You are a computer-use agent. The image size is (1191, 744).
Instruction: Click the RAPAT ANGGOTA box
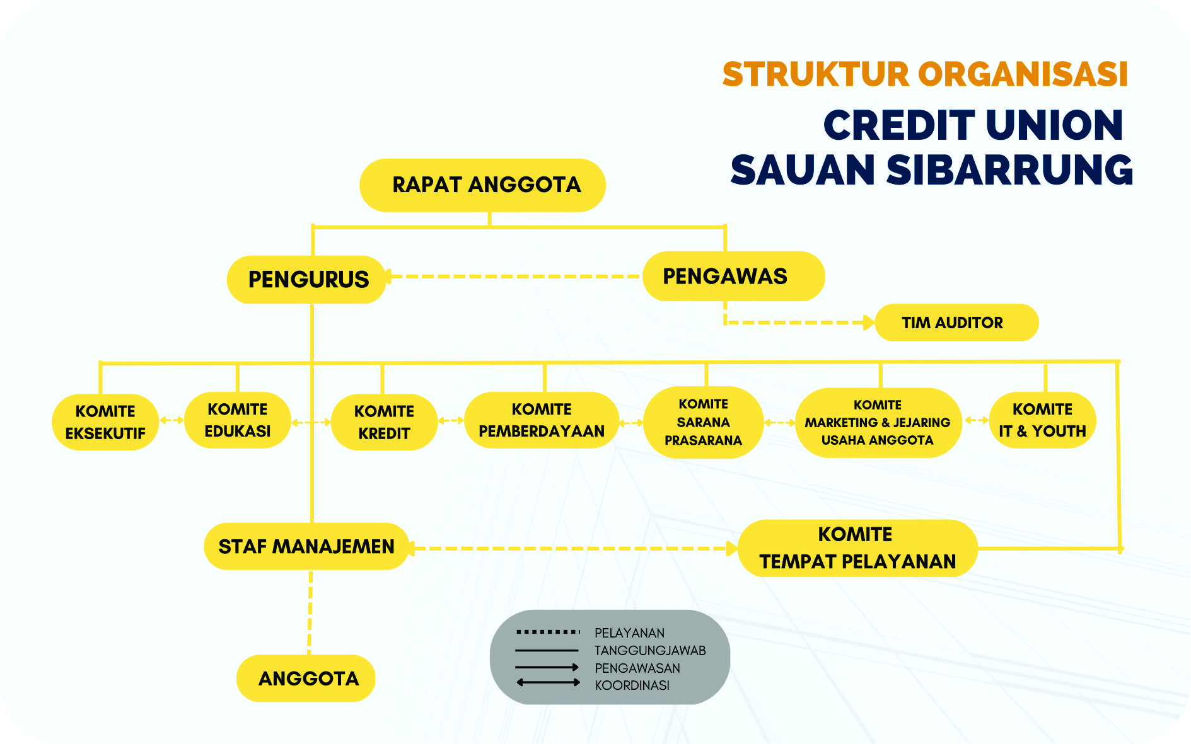(x=482, y=185)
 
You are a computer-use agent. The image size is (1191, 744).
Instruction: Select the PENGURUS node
(x=306, y=280)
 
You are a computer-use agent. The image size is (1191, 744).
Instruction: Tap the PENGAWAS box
(x=733, y=276)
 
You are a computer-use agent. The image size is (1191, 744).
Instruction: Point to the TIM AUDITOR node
(x=956, y=323)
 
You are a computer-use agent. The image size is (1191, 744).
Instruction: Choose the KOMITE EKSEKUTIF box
(x=105, y=422)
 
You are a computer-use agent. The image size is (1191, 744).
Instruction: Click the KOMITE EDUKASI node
(x=238, y=420)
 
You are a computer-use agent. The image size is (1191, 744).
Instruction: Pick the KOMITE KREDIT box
(x=384, y=422)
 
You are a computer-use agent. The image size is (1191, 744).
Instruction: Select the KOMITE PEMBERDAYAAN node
(x=542, y=420)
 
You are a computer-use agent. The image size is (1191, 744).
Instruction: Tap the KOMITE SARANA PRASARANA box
(x=704, y=422)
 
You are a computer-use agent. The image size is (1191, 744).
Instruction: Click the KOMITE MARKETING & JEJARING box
(x=878, y=423)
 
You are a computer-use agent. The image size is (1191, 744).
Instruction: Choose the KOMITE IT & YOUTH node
(x=1043, y=420)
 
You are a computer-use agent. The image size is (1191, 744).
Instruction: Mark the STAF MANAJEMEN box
(x=306, y=546)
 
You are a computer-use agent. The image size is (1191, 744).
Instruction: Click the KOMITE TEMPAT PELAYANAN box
(x=857, y=548)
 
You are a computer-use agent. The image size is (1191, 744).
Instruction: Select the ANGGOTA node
(x=306, y=678)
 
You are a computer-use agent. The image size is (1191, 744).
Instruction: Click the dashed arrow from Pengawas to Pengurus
(x=514, y=277)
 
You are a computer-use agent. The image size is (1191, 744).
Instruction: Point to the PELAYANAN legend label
(x=629, y=632)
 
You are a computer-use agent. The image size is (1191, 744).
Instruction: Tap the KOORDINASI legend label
(x=632, y=685)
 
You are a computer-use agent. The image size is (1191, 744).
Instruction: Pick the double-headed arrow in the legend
(x=548, y=682)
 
